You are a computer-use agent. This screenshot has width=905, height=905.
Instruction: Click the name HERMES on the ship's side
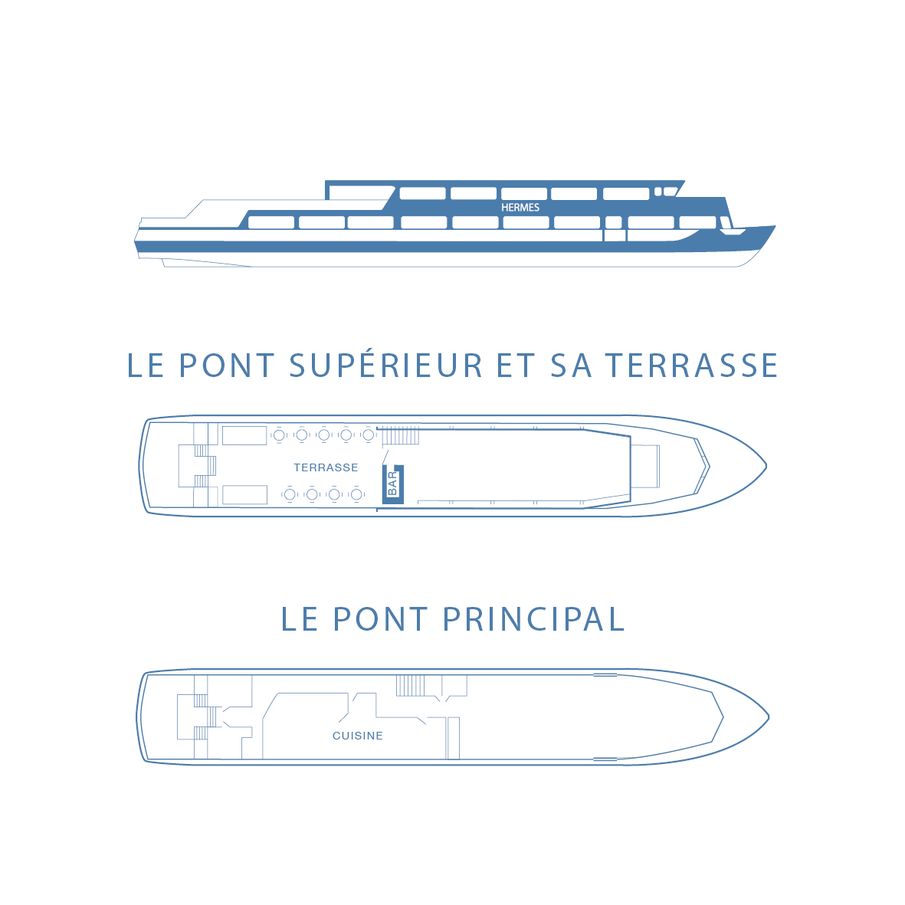(520, 208)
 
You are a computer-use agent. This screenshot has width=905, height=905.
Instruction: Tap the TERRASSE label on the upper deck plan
(326, 467)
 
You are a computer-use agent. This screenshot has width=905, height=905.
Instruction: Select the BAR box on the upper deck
(393, 484)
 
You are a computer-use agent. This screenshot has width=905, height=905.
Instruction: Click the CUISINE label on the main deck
(358, 736)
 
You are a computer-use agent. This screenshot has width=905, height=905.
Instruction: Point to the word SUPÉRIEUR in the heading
(385, 366)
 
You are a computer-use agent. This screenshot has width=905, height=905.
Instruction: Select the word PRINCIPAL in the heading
(534, 620)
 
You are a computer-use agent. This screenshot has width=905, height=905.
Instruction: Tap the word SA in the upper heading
(572, 366)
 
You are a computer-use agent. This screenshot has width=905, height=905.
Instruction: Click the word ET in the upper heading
(516, 366)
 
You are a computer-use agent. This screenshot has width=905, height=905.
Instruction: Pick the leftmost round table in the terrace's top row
(280, 435)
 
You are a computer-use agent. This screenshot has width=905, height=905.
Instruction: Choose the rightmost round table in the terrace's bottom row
(356, 494)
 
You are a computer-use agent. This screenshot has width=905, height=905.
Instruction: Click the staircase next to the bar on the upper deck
(400, 436)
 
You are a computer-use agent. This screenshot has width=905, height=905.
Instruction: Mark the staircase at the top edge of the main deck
(411, 686)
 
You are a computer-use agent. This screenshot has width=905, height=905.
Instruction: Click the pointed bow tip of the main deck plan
(768, 717)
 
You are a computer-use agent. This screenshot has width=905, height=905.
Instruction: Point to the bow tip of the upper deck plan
(766, 466)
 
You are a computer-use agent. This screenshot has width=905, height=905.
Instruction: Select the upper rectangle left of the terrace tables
(244, 436)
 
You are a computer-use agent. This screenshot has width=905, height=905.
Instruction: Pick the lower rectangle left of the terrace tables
(244, 495)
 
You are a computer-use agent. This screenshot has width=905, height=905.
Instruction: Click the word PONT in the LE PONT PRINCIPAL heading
(380, 620)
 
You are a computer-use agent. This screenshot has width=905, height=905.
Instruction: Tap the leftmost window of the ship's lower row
(271, 223)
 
